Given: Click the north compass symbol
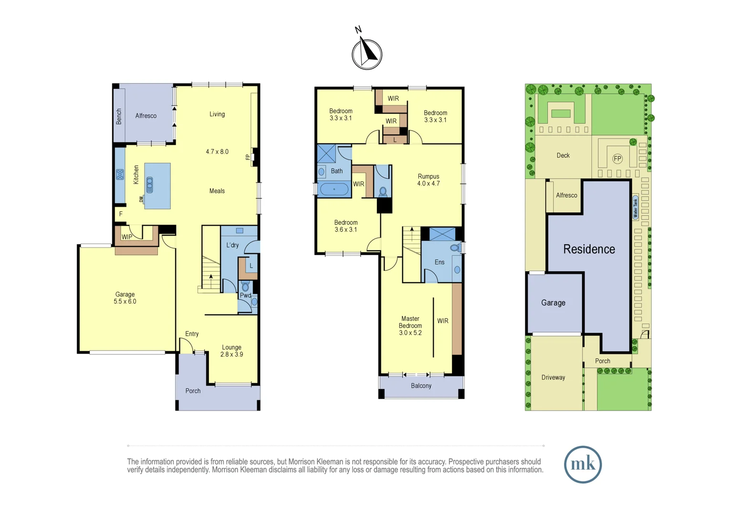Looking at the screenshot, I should pyautogui.click(x=366, y=54).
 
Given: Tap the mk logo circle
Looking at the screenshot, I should pyautogui.click(x=583, y=464).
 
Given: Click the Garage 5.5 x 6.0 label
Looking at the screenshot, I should pyautogui.click(x=125, y=298).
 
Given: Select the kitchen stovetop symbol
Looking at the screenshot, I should pyautogui.click(x=120, y=175).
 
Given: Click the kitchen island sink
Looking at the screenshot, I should pyautogui.click(x=150, y=185).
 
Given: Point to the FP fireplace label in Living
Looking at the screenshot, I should pyautogui.click(x=248, y=157).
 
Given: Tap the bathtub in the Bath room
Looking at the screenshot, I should pyautogui.click(x=334, y=189).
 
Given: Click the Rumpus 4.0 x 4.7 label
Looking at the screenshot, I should pyautogui.click(x=428, y=180).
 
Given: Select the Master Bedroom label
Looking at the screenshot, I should pyautogui.click(x=410, y=326).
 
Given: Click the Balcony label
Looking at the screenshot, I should pyautogui.click(x=421, y=386).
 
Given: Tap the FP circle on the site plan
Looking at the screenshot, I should pyautogui.click(x=617, y=159).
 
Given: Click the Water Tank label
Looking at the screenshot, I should pyautogui.click(x=635, y=207).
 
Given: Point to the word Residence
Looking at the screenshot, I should pyautogui.click(x=589, y=249).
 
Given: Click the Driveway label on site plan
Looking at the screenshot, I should pyautogui.click(x=553, y=378).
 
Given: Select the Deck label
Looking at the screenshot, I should pyautogui.click(x=563, y=155).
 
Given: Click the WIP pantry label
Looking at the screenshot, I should pyautogui.click(x=127, y=237).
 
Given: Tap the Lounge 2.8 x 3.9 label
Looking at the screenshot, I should pyautogui.click(x=231, y=351).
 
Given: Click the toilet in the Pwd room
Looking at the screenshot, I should pyautogui.click(x=245, y=287).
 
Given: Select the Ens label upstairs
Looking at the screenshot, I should pyautogui.click(x=439, y=262).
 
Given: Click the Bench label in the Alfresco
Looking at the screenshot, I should pyautogui.click(x=119, y=117).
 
